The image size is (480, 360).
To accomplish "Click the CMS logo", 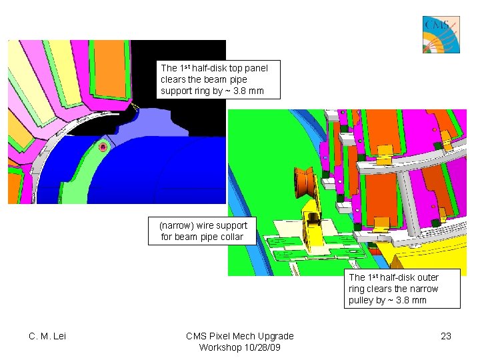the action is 441,35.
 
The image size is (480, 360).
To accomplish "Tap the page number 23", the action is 446,336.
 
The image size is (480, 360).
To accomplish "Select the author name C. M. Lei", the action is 47,336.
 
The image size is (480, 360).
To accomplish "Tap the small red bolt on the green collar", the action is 103,147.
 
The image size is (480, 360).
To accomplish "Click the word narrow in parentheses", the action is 176,225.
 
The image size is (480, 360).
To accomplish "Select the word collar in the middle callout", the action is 230,237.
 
